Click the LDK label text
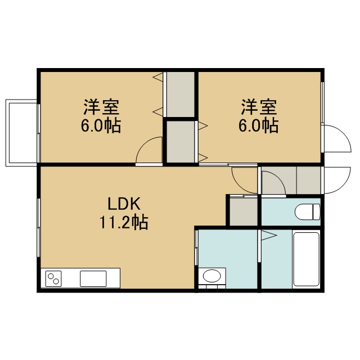click(x=124, y=204)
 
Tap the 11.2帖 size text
click(x=124, y=222)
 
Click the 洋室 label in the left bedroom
click(x=101, y=107)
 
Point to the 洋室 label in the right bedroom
click(x=259, y=107)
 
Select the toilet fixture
click(x=307, y=211)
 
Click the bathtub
click(x=306, y=259)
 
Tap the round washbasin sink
click(x=212, y=276)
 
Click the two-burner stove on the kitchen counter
click(x=53, y=278)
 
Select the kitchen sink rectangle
click(x=93, y=278)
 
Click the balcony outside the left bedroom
click(x=21, y=133)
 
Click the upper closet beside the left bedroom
click(x=181, y=94)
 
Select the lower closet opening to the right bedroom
click(x=181, y=142)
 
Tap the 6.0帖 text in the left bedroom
click(x=101, y=125)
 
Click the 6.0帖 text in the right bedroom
click(x=259, y=125)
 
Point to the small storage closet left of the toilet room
click(x=244, y=211)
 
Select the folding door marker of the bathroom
click(x=269, y=236)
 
